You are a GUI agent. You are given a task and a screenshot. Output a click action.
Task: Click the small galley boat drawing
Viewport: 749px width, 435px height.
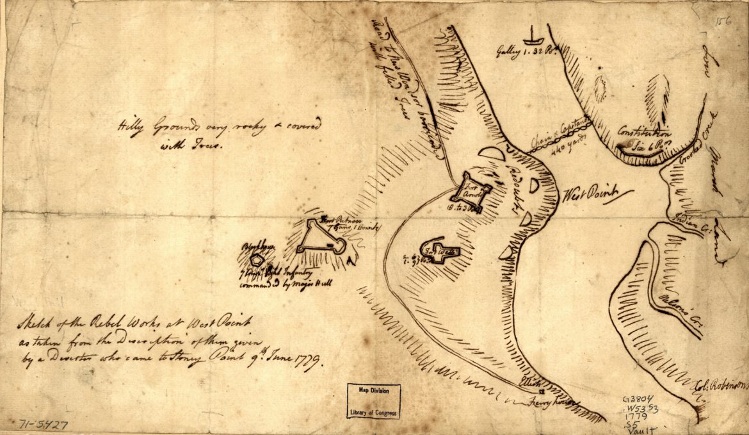tap(532, 35)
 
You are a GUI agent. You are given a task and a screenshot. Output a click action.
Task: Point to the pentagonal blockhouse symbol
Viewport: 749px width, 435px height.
tap(257, 259)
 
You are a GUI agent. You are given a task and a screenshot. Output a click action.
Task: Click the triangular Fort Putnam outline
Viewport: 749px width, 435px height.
tap(320, 239)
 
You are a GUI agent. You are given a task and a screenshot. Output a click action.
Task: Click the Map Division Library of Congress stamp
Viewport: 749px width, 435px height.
tap(374, 402)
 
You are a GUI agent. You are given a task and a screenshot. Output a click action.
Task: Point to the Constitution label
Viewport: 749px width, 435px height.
tap(643, 134)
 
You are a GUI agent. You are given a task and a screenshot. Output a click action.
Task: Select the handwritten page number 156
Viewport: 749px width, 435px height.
tap(725, 21)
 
